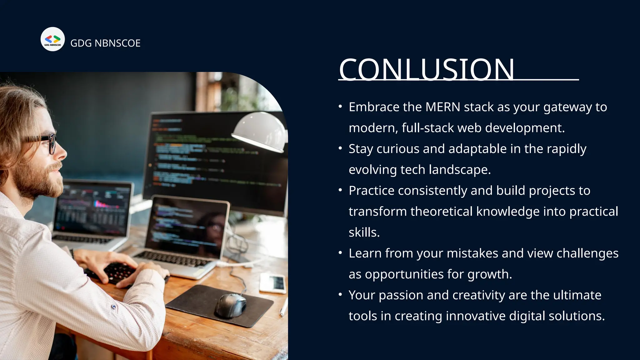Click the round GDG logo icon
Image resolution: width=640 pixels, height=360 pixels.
coord(52,39)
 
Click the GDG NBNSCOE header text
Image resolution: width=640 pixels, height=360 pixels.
coord(105,43)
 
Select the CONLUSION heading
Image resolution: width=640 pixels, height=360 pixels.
coord(426,69)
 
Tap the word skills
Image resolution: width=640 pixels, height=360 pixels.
coord(364,232)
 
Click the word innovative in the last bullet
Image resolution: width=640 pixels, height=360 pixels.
coord(475,316)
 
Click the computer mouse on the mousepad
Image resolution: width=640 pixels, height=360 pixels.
coord(230,305)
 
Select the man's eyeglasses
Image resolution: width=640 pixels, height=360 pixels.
coord(47,142)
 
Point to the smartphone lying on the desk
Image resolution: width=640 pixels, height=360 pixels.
coord(272,283)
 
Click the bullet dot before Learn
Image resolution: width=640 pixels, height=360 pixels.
coord(340,253)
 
